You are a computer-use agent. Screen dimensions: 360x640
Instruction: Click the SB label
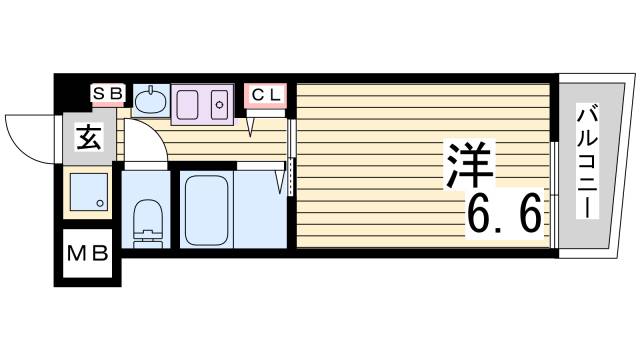click(107, 94)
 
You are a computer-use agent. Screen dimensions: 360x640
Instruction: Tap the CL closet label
click(265, 94)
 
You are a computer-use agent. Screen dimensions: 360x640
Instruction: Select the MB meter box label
click(87, 254)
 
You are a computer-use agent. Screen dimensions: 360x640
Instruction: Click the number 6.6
click(505, 212)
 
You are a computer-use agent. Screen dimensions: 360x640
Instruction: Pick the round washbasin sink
click(152, 101)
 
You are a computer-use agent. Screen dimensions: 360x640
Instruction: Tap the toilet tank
click(147, 240)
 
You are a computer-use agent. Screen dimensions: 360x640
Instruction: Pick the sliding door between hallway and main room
click(290, 160)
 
